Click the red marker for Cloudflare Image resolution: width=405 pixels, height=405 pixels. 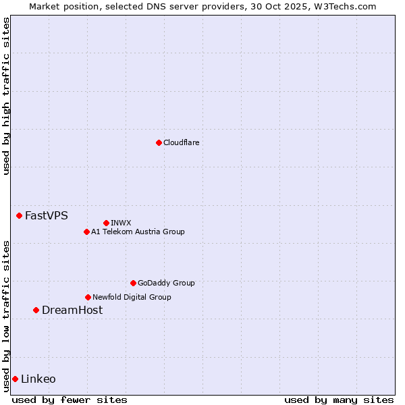coord(159,142)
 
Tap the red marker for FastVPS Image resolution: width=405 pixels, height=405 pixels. coord(19,215)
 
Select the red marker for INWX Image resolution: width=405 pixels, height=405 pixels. coord(106,223)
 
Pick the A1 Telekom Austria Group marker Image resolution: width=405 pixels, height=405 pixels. coord(86,232)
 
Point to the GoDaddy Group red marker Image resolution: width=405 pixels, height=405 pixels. coord(133,283)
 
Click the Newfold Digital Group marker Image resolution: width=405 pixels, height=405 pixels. coord(88,297)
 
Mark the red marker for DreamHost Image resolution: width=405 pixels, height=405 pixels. coord(36,310)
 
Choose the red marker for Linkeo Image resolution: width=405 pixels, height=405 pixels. coord(15,379)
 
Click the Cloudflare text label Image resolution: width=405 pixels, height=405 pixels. coord(181,142)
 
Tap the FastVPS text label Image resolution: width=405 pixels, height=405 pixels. coord(46,215)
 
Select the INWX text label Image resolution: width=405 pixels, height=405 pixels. coord(121,223)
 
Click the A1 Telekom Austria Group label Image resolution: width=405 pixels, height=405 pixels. coord(138,232)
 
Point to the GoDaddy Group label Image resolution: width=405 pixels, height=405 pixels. coord(166,283)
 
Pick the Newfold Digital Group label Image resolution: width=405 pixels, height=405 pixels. coord(132,297)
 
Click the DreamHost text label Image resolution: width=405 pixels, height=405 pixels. coord(72,310)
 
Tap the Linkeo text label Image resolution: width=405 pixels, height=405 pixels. coord(38,379)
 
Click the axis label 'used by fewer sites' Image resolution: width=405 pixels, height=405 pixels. coord(70,400)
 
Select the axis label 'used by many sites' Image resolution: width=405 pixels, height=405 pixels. coord(339,400)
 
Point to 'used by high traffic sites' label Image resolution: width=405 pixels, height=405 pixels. coord(6,96)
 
